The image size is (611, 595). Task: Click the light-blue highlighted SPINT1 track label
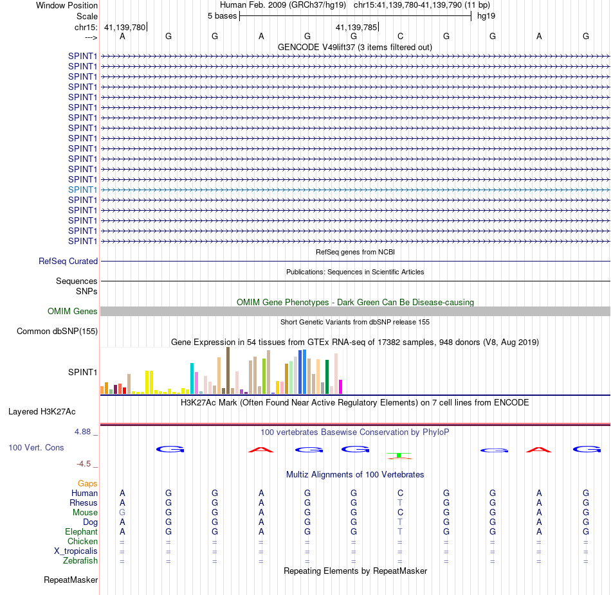(x=82, y=190)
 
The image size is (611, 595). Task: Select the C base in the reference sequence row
(x=400, y=36)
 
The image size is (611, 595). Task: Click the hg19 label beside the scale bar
(x=486, y=16)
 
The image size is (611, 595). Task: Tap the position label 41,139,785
(x=356, y=27)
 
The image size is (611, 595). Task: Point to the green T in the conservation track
(x=399, y=455)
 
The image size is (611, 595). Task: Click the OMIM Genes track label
(x=73, y=311)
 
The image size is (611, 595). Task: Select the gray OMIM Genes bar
(x=355, y=311)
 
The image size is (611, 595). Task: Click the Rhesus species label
(x=84, y=502)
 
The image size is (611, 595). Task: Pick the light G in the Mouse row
(x=122, y=513)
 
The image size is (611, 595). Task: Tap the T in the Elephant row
(x=400, y=531)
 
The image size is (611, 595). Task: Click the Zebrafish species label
(x=80, y=560)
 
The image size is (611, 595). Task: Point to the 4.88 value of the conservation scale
(x=82, y=431)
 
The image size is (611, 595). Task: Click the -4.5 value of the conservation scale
(x=84, y=463)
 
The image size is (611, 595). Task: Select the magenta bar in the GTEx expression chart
(x=341, y=387)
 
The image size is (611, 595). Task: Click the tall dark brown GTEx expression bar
(x=228, y=370)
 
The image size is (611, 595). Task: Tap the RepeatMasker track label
(x=71, y=580)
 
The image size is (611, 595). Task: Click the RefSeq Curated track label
(x=68, y=261)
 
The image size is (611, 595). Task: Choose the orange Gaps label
(x=87, y=483)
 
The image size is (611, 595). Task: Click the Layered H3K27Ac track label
(x=42, y=412)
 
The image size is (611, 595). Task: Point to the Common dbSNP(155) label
(x=57, y=331)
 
